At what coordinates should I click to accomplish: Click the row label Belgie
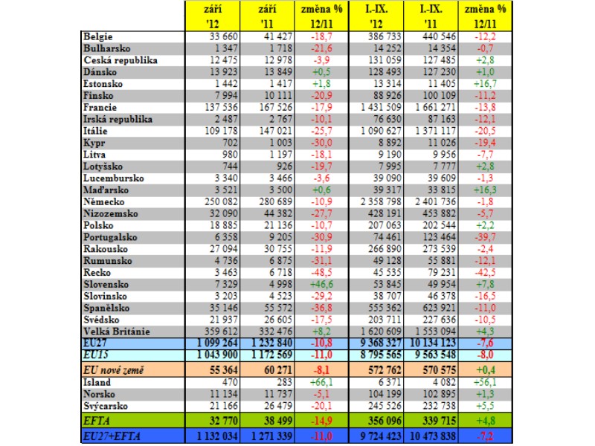click(x=98, y=36)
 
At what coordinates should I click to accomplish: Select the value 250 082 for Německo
click(x=221, y=201)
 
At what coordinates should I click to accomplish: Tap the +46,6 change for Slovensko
click(x=321, y=285)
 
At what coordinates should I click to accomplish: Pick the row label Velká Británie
click(x=117, y=332)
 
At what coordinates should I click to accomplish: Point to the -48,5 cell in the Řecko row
click(x=321, y=273)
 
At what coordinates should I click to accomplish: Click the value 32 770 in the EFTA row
click(x=224, y=421)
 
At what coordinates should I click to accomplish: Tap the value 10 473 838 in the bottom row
click(x=433, y=436)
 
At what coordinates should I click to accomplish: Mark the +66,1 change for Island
click(x=321, y=382)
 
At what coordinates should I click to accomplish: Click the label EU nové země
click(x=114, y=370)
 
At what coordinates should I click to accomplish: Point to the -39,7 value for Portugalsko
click(x=485, y=237)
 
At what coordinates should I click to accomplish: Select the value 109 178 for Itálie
click(x=221, y=132)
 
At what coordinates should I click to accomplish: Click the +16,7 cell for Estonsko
click(x=485, y=84)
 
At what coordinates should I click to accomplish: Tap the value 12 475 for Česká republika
click(x=224, y=60)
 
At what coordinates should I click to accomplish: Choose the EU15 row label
click(x=96, y=355)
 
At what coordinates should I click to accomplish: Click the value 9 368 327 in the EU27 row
click(x=381, y=343)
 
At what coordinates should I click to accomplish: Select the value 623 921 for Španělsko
click(x=439, y=308)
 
